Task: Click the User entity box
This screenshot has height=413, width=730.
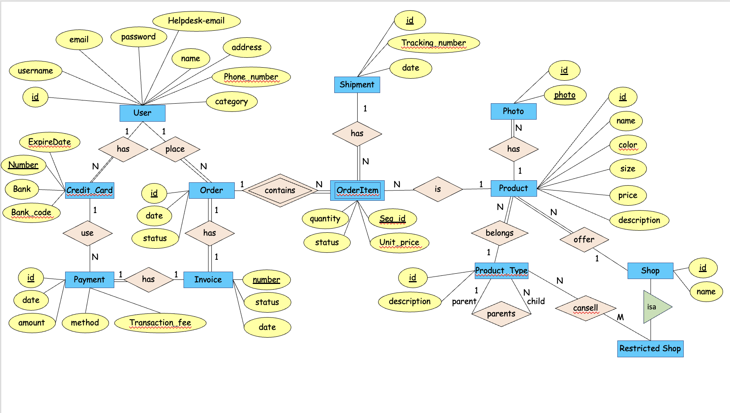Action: [x=142, y=113]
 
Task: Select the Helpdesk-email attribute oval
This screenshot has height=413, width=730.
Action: [x=196, y=21]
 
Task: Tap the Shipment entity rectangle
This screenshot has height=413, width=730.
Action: [x=357, y=85]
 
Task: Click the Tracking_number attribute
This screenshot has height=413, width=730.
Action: [x=433, y=43]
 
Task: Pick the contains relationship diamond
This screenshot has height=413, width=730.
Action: [x=280, y=191]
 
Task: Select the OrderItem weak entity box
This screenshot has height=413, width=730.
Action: [x=357, y=191]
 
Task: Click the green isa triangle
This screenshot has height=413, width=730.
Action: [x=654, y=307]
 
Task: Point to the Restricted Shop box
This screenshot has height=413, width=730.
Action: [x=650, y=349]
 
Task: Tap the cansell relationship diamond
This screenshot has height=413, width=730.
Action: [x=585, y=308]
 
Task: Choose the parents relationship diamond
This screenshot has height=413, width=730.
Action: [x=501, y=314]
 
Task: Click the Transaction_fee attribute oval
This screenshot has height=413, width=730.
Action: [x=160, y=323]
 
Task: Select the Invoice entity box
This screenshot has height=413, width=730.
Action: [x=208, y=280]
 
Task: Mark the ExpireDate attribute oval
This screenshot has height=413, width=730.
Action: [x=50, y=142]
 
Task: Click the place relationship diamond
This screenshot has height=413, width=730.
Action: [x=175, y=149]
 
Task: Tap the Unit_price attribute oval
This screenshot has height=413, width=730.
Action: [x=399, y=243]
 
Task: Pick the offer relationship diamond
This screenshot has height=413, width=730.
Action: [x=584, y=239]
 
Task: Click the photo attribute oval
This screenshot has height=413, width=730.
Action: [x=565, y=95]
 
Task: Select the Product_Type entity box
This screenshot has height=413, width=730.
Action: [x=501, y=271]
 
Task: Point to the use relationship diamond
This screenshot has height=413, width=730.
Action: [x=87, y=233]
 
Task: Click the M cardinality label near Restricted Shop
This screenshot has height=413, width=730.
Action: [x=620, y=317]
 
